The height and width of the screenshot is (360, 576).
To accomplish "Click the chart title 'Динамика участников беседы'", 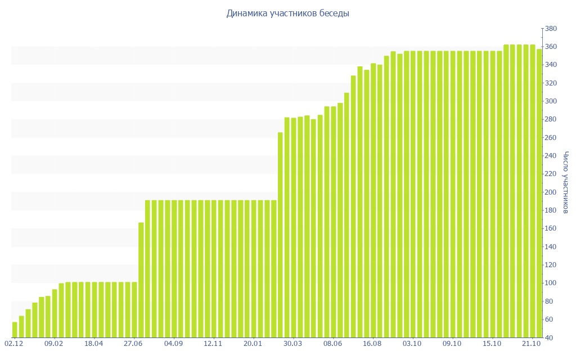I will coord(287,13).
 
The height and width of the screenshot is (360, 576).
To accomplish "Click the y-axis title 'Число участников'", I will coord(566,182).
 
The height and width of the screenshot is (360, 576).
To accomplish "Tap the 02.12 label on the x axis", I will coord(14,343).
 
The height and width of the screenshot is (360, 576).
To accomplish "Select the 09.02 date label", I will coord(54,343).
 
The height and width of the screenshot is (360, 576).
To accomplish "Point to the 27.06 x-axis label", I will coord(134,343).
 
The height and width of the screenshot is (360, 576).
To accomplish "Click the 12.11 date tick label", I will coord(213,343).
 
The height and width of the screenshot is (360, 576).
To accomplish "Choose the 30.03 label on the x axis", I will coord(293,343).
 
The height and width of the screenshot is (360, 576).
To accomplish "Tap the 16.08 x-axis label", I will coord(373,343).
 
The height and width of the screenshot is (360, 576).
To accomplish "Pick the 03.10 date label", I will coord(412,343).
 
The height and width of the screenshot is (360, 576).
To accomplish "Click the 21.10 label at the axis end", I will coord(532,343).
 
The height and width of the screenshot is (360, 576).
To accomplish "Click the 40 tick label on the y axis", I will coord(548,338).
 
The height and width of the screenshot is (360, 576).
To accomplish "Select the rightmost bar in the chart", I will coord(539,193).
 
